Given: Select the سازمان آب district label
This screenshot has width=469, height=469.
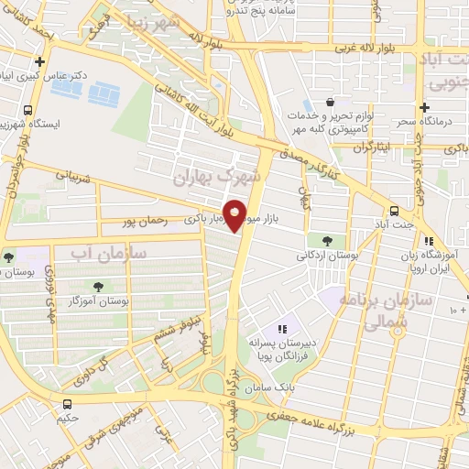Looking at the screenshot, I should [95, 250].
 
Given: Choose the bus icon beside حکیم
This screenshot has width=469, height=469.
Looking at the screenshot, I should [67, 403].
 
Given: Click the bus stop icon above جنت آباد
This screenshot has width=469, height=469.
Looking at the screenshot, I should [394, 208].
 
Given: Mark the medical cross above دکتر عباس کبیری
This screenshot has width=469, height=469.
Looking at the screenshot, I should [38, 60].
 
